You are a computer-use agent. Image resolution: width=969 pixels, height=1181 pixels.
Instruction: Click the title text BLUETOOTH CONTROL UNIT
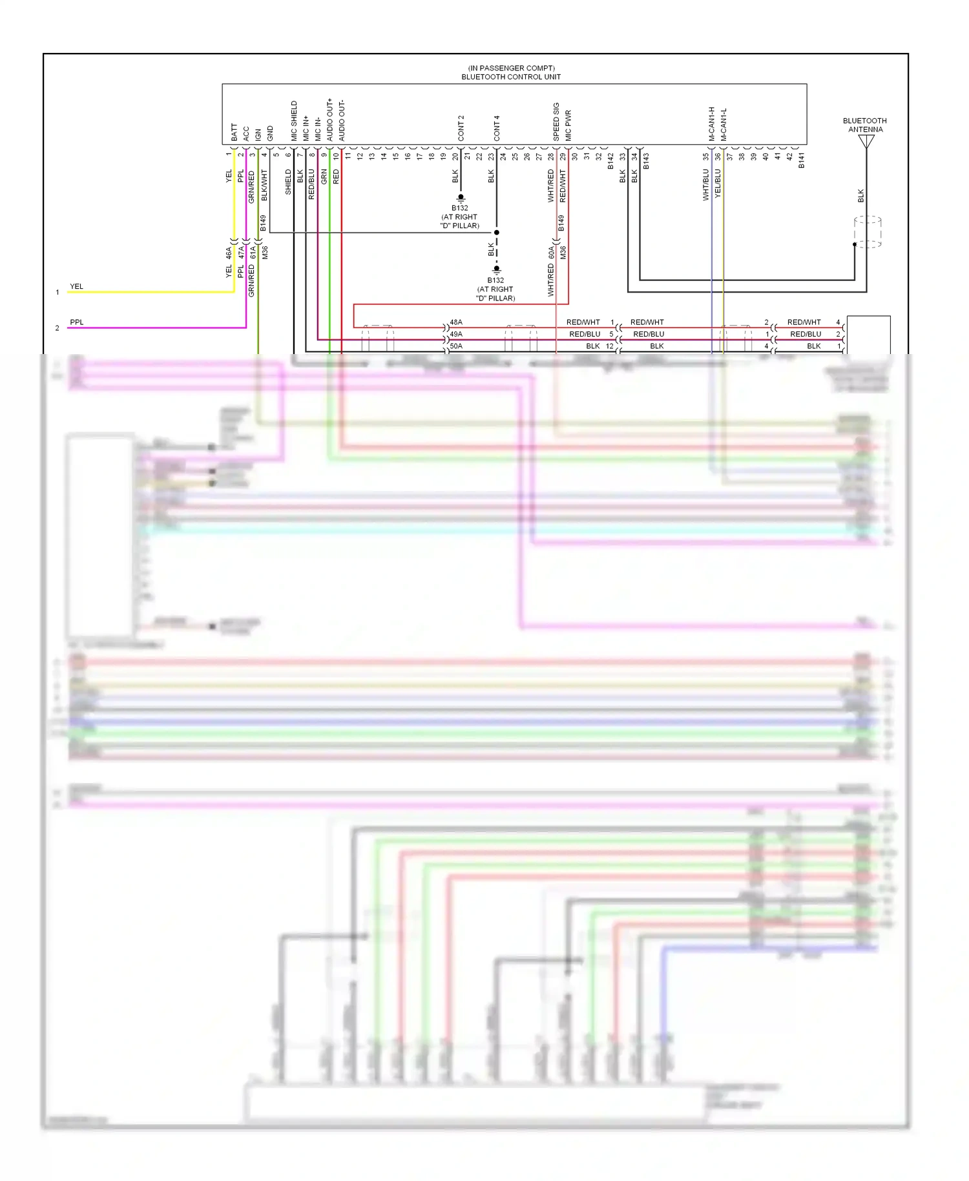click(x=510, y=77)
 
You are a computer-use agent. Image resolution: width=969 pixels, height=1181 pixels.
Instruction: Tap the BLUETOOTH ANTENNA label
click(x=865, y=125)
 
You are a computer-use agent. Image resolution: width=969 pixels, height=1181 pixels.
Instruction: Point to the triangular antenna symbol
click(x=866, y=141)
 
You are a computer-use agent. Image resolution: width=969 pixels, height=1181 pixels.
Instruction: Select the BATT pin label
click(x=234, y=132)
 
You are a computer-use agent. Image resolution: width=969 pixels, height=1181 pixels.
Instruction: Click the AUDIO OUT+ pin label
click(x=329, y=120)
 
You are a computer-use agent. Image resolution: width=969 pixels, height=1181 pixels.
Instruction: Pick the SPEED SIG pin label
click(x=556, y=122)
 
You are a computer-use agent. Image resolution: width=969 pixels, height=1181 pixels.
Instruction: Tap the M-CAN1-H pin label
click(x=711, y=124)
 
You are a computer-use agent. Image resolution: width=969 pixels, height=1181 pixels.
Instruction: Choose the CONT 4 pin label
click(x=497, y=129)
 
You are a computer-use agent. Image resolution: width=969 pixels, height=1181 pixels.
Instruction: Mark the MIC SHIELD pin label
click(x=294, y=121)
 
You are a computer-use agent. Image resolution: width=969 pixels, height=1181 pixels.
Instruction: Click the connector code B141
click(x=801, y=161)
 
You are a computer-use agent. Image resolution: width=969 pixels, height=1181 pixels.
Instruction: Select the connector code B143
click(x=646, y=161)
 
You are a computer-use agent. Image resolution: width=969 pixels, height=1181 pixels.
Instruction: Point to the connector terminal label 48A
click(x=456, y=322)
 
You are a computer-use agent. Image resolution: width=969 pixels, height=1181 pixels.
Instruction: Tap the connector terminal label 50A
click(x=456, y=346)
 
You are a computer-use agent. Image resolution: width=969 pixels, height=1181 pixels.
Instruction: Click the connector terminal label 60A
click(x=551, y=252)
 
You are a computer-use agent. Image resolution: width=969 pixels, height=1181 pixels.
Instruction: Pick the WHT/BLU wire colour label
click(x=705, y=185)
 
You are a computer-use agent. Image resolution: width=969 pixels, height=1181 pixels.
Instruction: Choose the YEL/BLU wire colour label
click(x=718, y=184)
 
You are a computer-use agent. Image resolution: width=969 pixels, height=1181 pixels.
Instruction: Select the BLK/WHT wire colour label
click(x=264, y=185)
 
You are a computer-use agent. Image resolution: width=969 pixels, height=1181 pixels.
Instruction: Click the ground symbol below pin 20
click(x=461, y=198)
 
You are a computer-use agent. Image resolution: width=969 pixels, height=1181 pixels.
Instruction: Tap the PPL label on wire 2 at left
click(x=77, y=322)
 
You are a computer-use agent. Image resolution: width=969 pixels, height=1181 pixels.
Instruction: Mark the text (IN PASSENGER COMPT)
click(x=511, y=68)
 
